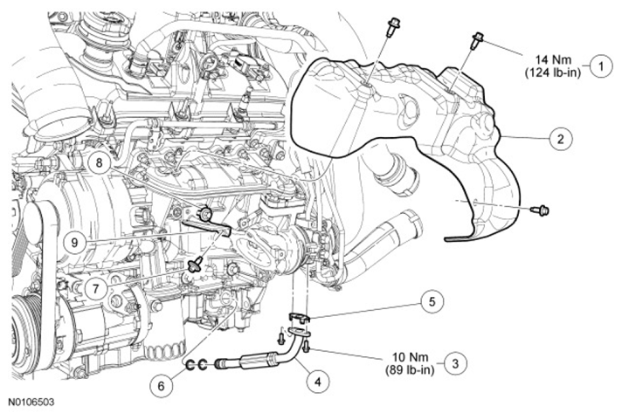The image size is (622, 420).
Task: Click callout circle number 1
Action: pos(601,65)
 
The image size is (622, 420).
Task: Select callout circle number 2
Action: pos(561,139)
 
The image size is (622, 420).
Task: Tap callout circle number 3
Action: pos(455,363)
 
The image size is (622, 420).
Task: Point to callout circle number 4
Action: pos(317,382)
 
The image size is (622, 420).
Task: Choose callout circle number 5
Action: pos(432,302)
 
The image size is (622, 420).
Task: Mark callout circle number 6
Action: pos(161,385)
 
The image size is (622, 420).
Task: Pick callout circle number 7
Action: pos(96,289)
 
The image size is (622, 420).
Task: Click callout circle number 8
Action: pos(99,162)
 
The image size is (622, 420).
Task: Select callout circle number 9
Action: pos(75,243)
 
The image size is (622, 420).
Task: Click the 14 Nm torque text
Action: pos(553,60)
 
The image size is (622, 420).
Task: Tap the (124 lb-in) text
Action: pos(553,72)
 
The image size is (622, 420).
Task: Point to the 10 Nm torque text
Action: pos(411,357)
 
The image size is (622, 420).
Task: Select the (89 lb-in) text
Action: pos(411,370)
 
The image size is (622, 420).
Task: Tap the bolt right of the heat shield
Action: pos(540,210)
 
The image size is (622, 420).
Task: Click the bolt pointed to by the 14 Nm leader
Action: pos(476,40)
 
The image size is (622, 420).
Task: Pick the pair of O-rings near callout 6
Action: pos(197,364)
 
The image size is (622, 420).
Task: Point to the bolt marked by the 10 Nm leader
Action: pos(307,347)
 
